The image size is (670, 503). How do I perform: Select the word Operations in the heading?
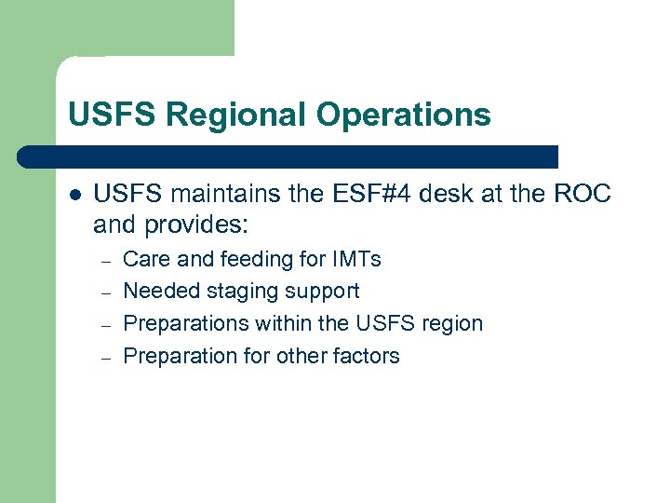pyautogui.click(x=403, y=115)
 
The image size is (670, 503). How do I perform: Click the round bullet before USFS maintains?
pyautogui.click(x=74, y=196)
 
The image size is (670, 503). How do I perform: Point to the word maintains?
pyautogui.click(x=217, y=195)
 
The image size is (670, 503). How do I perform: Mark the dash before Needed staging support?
pyautogui.click(x=107, y=292)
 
